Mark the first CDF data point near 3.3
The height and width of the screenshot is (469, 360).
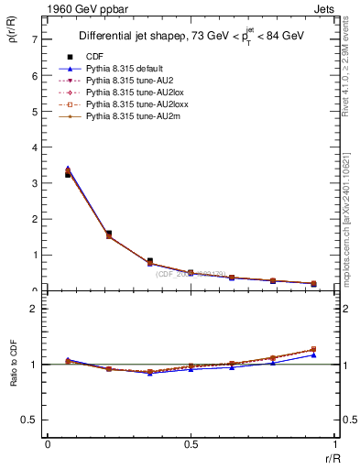pyautogui.click(x=68, y=174)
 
